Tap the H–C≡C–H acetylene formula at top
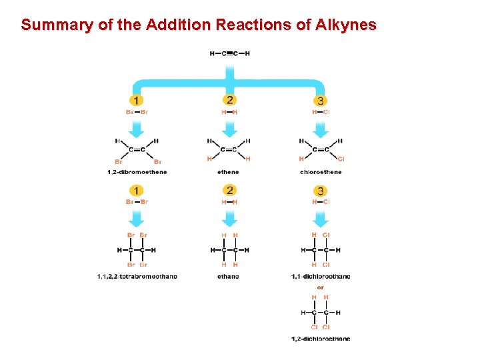point(229,54)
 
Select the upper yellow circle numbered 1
point(137,101)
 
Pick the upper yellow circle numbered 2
point(229,100)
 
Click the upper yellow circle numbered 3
point(321,101)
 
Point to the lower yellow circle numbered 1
point(137,191)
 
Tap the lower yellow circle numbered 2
point(229,191)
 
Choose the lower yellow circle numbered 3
point(321,191)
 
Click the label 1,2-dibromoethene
point(137,172)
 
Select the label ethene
point(228,172)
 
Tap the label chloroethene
point(321,172)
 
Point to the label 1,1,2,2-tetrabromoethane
point(137,276)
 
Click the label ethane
point(228,276)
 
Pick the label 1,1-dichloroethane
point(321,276)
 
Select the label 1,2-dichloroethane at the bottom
point(321,339)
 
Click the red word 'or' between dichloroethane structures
point(321,287)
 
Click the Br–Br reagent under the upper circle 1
point(137,112)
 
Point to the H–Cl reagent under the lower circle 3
point(321,202)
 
